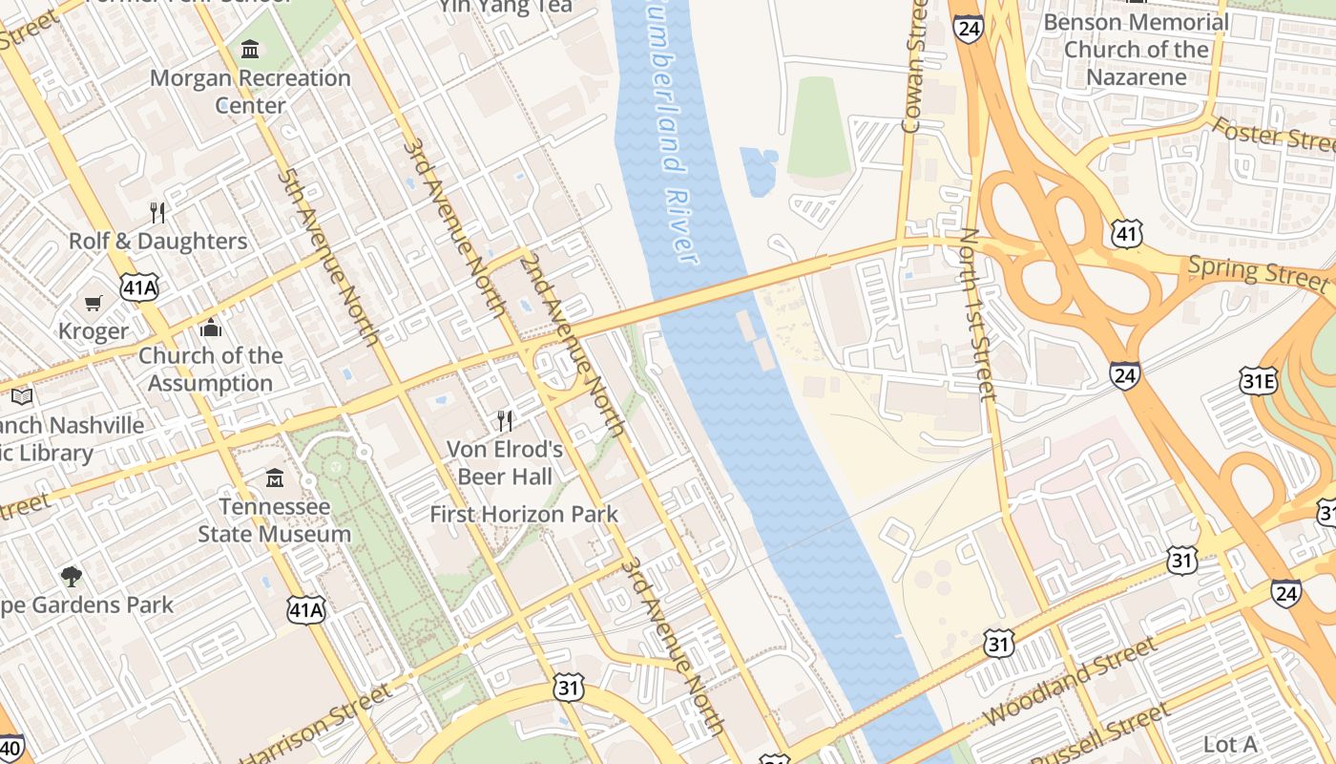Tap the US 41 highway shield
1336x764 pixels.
tap(1126, 232)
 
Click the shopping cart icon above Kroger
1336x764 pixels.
tap(94, 304)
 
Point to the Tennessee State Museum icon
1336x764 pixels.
tap(275, 477)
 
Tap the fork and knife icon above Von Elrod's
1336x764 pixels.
tap(506, 420)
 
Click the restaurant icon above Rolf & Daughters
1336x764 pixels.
tap(157, 212)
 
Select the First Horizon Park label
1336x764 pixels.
tap(524, 514)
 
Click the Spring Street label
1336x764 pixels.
tap(1258, 273)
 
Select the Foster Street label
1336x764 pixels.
tap(1273, 135)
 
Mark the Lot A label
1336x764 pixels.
tap(1230, 744)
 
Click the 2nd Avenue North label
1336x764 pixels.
tap(572, 345)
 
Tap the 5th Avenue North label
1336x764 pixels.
tap(328, 257)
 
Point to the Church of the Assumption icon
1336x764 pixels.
tap(211, 329)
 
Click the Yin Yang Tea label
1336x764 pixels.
tap(506, 7)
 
